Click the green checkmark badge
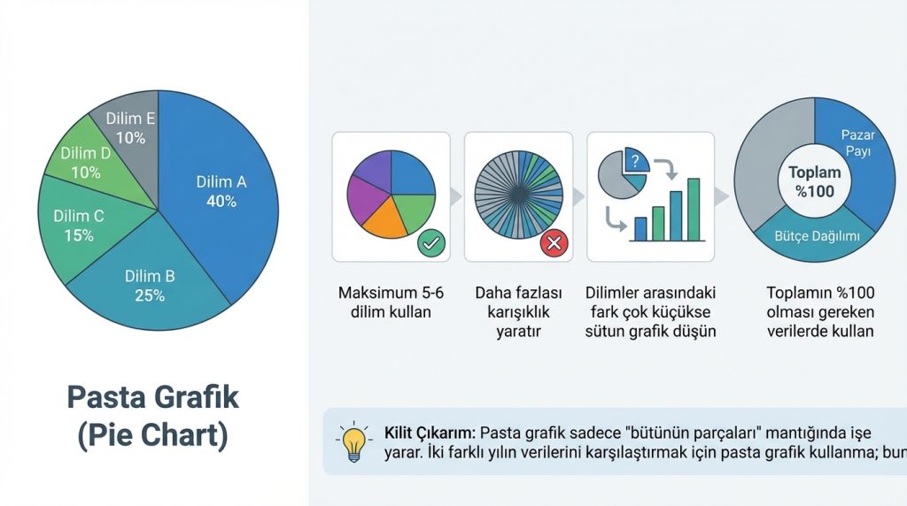[x=430, y=241]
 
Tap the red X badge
[x=555, y=241]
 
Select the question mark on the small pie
[x=635, y=161]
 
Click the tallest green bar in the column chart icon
[x=694, y=210]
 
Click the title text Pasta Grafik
[x=152, y=396]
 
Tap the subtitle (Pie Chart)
[x=152, y=436]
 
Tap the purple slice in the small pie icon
[x=368, y=168]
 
